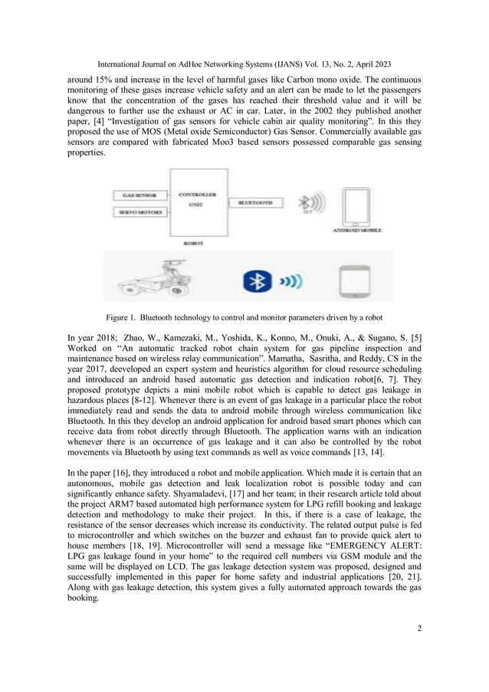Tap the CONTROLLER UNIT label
tap(197, 200)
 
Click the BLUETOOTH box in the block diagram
tap(255, 203)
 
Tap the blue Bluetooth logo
tap(258, 280)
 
